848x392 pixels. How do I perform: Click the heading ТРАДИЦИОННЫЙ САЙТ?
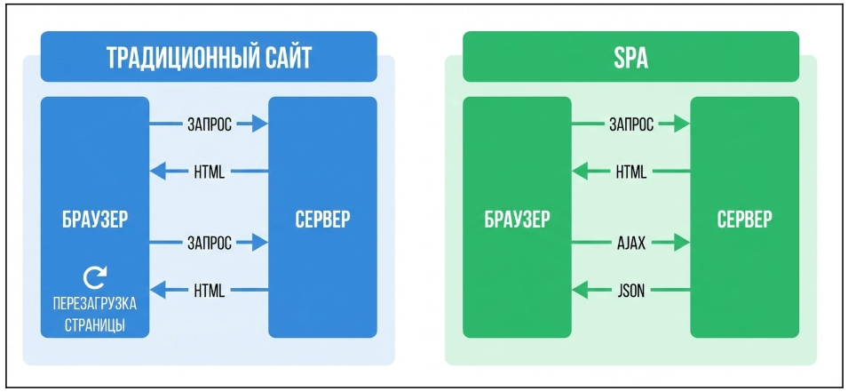click(x=209, y=59)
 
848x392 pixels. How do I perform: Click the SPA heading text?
click(x=630, y=59)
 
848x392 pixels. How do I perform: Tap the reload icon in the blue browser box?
click(x=94, y=276)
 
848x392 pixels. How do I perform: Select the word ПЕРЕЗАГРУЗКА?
click(x=94, y=303)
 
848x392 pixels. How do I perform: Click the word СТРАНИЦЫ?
click(x=94, y=324)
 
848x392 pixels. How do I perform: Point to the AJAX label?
click(x=630, y=242)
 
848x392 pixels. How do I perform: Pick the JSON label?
click(x=630, y=290)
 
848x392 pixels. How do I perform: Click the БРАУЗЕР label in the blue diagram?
click(x=94, y=219)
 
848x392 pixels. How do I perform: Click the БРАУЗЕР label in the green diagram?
click(x=517, y=219)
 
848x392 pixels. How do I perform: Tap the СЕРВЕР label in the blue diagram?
click(x=322, y=219)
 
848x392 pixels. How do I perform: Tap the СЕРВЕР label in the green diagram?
click(x=744, y=219)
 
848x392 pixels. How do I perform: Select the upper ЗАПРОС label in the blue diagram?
click(x=209, y=124)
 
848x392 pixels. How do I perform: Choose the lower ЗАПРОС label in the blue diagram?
click(x=209, y=242)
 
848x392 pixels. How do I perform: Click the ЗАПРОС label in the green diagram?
click(x=630, y=124)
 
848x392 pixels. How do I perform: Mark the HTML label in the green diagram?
click(x=630, y=172)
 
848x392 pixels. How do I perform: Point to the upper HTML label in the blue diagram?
click(x=209, y=172)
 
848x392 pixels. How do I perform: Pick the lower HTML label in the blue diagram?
click(x=209, y=290)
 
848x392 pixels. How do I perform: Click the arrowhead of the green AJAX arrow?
click(x=681, y=242)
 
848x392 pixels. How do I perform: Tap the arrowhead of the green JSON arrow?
click(x=581, y=290)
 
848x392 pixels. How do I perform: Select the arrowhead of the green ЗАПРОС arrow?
click(x=681, y=124)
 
